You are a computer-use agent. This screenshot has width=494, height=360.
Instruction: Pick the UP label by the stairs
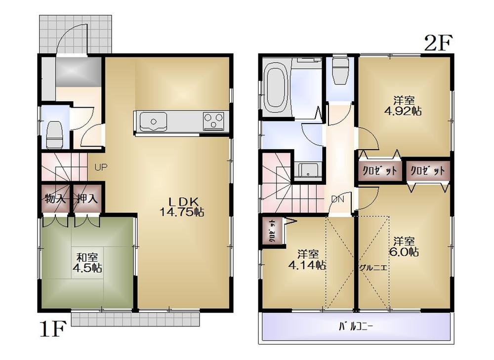pos(101,167)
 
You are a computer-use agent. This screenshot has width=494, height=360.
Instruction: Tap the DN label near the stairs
pos(337,199)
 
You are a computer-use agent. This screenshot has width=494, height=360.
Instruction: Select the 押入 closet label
pos(87,199)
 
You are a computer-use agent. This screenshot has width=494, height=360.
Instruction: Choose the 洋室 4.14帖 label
pos(307,259)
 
